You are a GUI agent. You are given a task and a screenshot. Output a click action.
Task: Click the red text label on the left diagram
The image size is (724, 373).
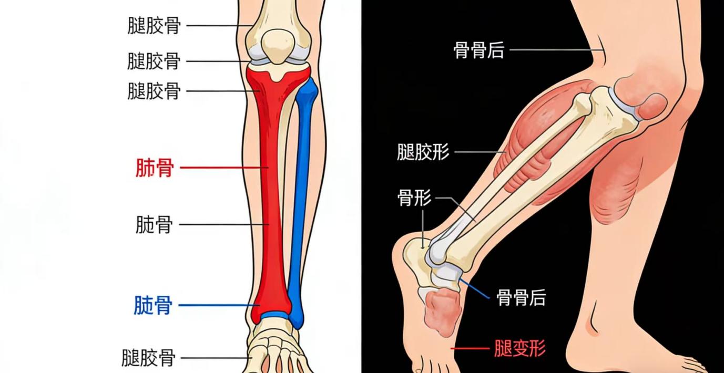point(154,169)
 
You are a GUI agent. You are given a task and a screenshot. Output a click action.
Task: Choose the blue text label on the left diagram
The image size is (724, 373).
point(153,305)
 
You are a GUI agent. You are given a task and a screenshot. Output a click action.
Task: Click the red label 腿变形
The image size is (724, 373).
point(519,348)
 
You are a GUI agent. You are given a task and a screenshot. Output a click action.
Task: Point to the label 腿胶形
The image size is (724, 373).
point(423,152)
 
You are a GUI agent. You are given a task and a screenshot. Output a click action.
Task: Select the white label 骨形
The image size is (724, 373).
point(414,198)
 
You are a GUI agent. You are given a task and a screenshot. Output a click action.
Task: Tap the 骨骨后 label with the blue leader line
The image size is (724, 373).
point(521,298)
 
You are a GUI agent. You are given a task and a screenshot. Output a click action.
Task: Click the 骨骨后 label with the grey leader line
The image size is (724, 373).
point(478,50)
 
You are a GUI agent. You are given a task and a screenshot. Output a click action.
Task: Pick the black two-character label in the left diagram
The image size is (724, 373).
point(154,225)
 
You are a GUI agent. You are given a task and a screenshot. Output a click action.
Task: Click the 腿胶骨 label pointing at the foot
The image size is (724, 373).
point(148,358)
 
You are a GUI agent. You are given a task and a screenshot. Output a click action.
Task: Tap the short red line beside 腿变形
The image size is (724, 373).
point(470,348)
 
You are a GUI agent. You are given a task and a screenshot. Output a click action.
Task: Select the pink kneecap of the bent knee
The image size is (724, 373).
point(652,105)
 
